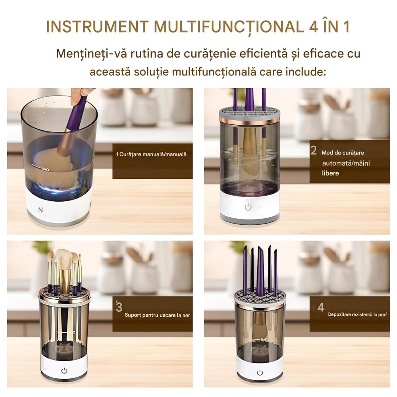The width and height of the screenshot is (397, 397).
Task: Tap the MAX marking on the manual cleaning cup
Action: (x=46, y=169)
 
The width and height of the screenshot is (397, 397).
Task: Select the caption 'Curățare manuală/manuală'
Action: (x=151, y=154)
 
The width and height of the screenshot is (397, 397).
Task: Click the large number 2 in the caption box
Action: (x=314, y=150)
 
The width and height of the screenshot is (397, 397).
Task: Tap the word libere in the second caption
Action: (x=330, y=173)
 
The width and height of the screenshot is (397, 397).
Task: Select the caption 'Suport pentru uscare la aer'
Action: (x=157, y=315)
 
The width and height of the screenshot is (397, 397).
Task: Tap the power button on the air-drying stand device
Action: (x=64, y=370)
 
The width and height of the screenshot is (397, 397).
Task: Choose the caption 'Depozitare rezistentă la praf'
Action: (x=357, y=314)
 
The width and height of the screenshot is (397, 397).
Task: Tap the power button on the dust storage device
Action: (x=260, y=372)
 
